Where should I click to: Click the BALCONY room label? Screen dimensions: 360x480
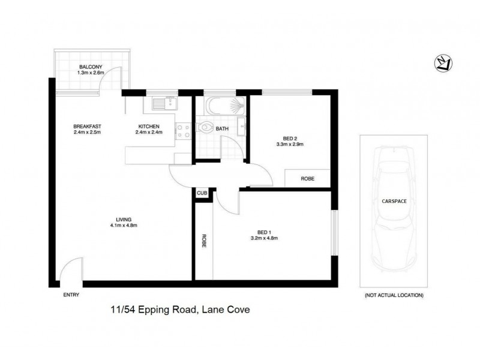(x=91, y=67)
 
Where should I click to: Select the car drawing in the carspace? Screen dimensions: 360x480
(x=394, y=209)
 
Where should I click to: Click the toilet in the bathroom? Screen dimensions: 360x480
(x=206, y=127)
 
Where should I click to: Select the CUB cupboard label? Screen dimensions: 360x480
(x=202, y=194)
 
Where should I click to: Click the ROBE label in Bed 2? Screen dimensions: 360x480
(x=307, y=178)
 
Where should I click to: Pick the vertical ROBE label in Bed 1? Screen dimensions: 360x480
(x=204, y=241)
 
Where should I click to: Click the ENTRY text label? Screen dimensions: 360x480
(x=71, y=295)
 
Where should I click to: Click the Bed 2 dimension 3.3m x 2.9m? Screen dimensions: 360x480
(x=290, y=144)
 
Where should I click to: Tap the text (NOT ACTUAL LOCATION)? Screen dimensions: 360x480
(x=394, y=295)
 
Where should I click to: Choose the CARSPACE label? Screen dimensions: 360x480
(x=394, y=202)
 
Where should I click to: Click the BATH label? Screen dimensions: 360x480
(x=223, y=128)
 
